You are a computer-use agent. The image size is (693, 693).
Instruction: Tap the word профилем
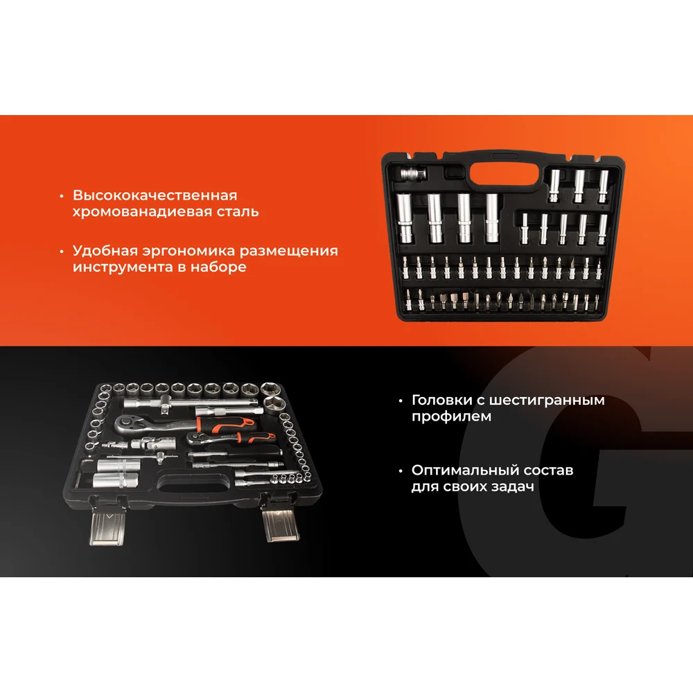(x=451, y=416)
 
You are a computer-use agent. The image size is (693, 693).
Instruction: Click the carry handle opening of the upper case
(x=505, y=174)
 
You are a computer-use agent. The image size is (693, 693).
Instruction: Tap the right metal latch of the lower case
(x=280, y=525)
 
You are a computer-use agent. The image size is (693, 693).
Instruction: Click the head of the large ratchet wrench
(x=128, y=424)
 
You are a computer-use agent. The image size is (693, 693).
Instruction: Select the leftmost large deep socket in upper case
(x=404, y=218)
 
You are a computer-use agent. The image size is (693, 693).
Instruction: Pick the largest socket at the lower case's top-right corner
(x=275, y=404)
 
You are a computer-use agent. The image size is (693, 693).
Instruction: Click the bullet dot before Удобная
(x=62, y=251)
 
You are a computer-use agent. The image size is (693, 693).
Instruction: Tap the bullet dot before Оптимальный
(x=401, y=471)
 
